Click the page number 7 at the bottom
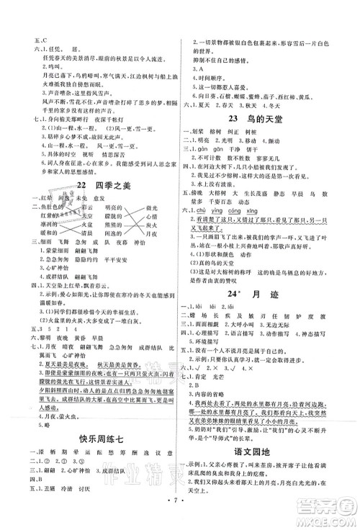click(179, 516)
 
